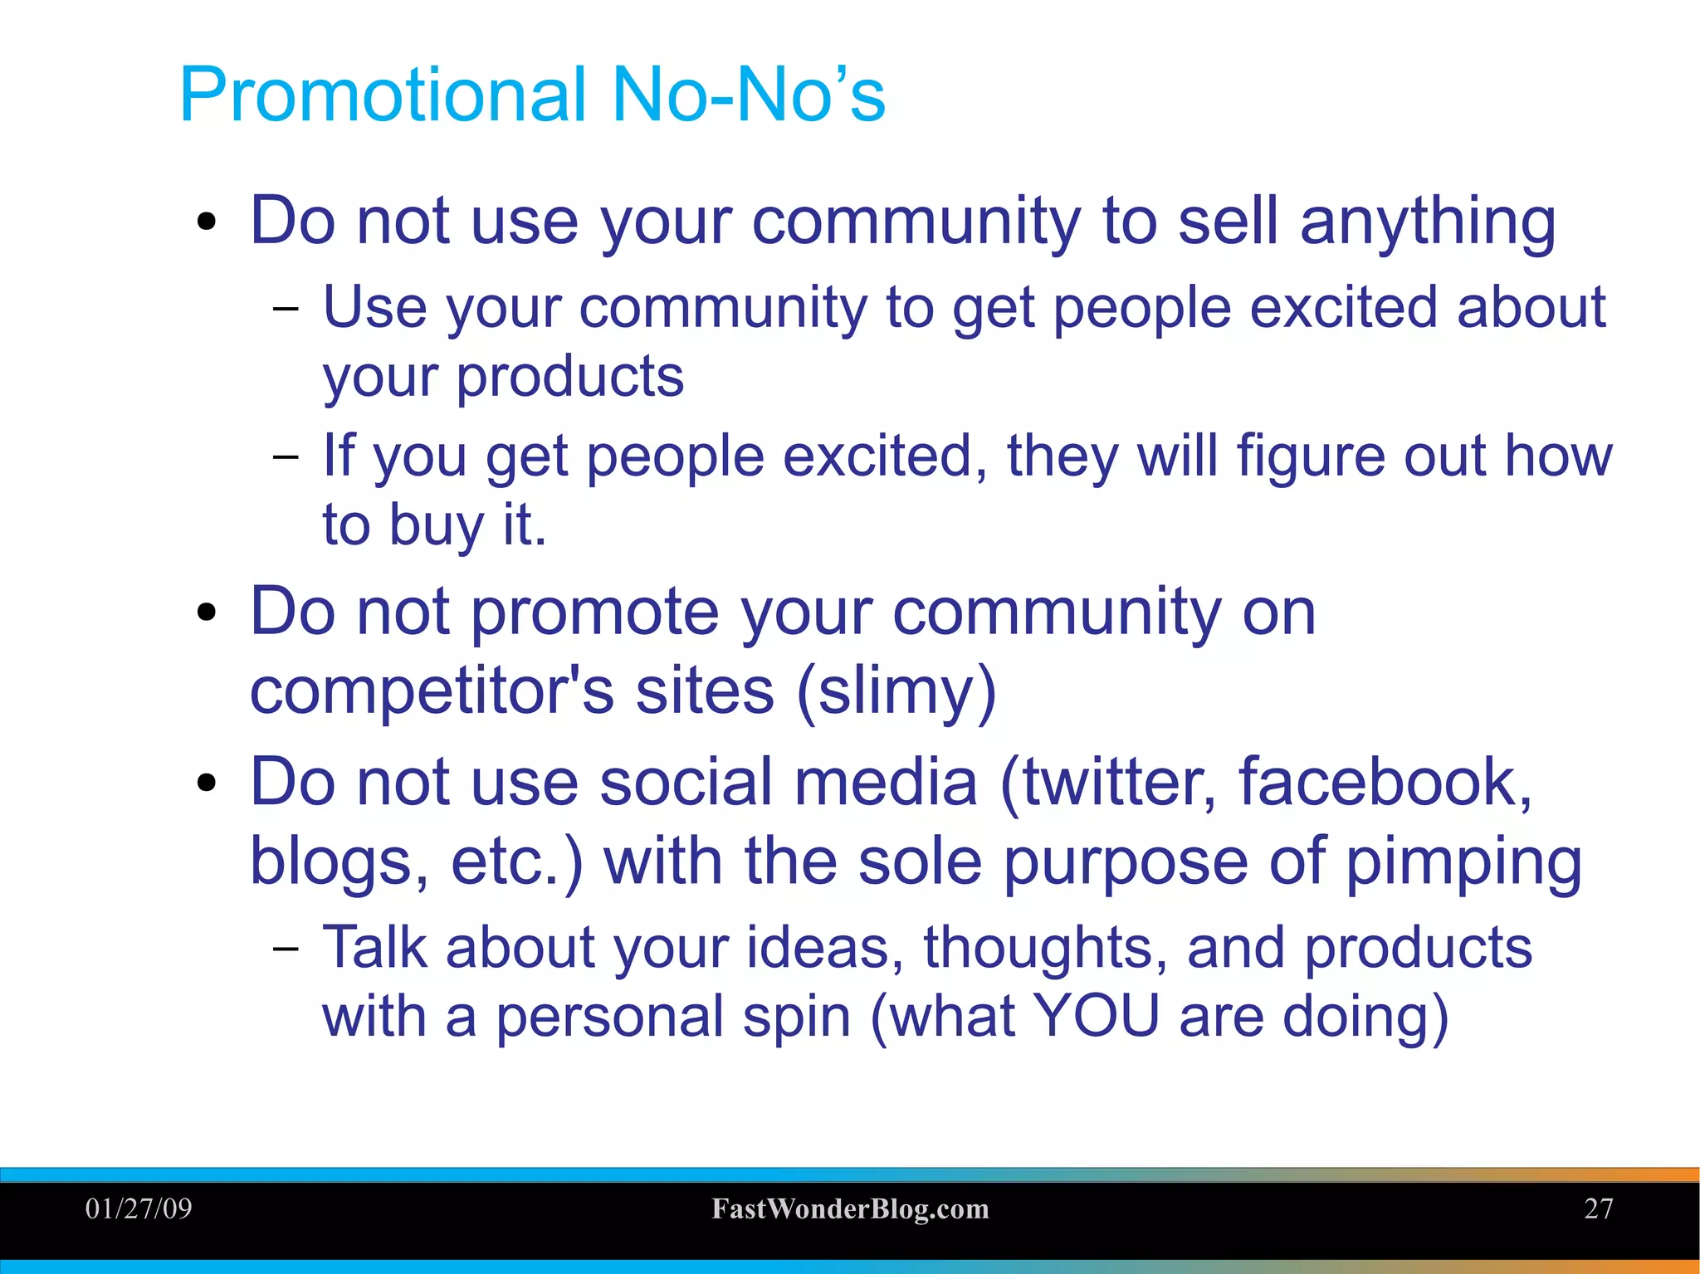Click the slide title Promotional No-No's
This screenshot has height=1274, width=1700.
[x=532, y=95]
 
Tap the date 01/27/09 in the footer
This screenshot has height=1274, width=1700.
[x=139, y=1208]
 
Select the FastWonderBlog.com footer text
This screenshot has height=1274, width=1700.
[x=850, y=1209]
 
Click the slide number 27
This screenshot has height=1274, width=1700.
[x=1598, y=1208]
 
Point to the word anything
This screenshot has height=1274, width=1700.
[x=1427, y=222]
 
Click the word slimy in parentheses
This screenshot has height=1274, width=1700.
[x=896, y=691]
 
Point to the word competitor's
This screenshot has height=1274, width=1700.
[x=432, y=691]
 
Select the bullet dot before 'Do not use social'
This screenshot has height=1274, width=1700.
[x=207, y=783]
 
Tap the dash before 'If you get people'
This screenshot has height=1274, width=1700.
[x=285, y=456]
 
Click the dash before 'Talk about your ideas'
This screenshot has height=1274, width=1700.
[x=285, y=948]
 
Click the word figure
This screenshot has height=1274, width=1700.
[x=1309, y=456]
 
